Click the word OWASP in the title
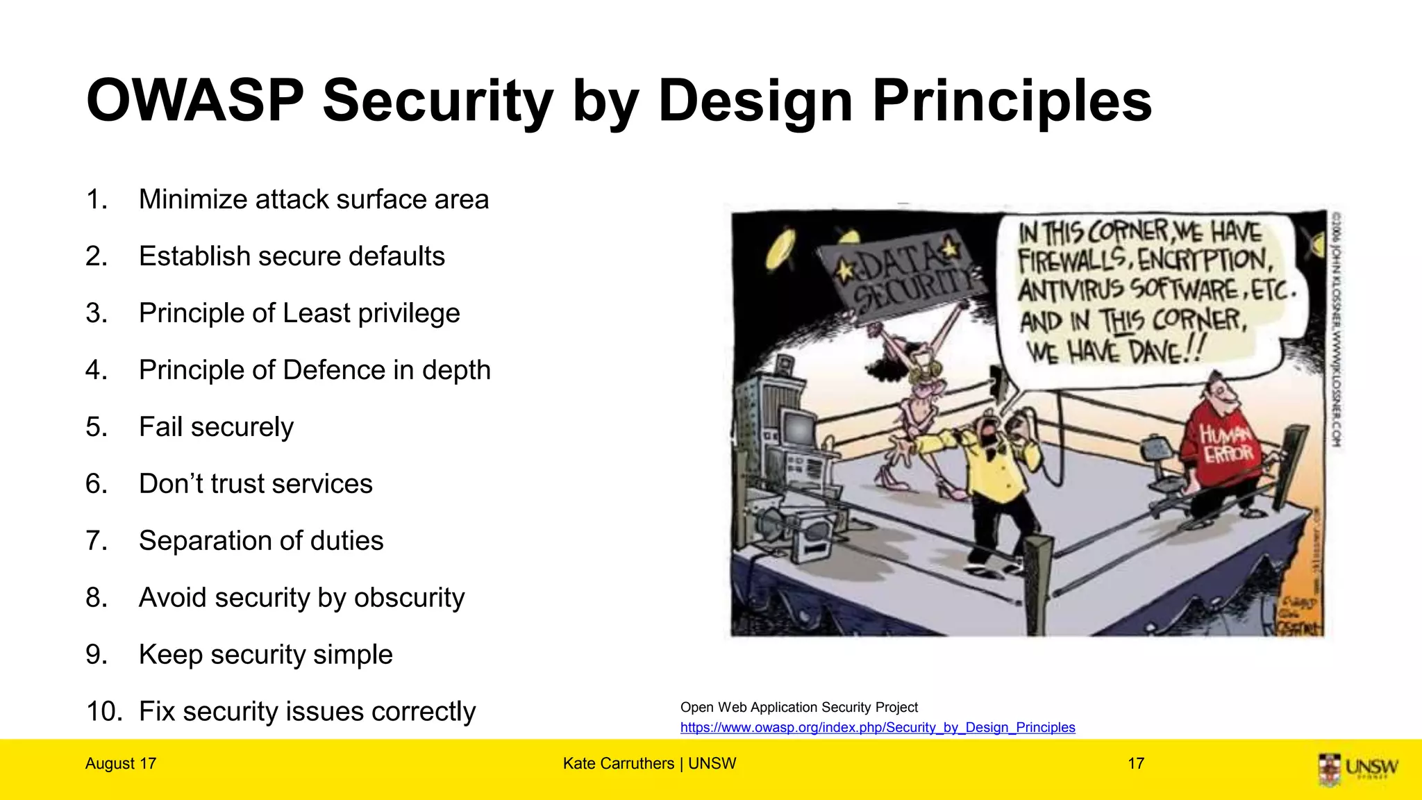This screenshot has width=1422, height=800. pyautogui.click(x=195, y=101)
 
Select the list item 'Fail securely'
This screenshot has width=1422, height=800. pyautogui.click(x=216, y=427)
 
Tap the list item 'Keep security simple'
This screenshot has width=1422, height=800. pyautogui.click(x=265, y=655)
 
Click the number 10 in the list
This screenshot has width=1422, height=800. pyautogui.click(x=104, y=712)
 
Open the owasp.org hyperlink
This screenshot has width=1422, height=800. pyautogui.click(x=877, y=727)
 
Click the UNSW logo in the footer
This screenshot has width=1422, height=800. pyautogui.click(x=1357, y=768)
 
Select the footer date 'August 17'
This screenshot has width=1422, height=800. pyautogui.click(x=121, y=764)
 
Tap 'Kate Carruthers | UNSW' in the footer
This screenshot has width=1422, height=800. pyautogui.click(x=649, y=764)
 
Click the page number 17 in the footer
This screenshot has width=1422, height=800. pyautogui.click(x=1136, y=764)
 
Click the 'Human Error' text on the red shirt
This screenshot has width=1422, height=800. pyautogui.click(x=1227, y=444)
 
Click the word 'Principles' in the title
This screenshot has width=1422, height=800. pyautogui.click(x=1012, y=101)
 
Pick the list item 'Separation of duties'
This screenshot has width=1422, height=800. pyautogui.click(x=260, y=541)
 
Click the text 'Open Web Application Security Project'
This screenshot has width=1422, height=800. pyautogui.click(x=798, y=707)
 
